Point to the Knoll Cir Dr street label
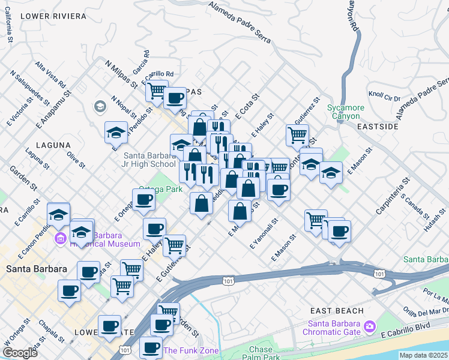coord(384,96)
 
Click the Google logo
coord(20,353)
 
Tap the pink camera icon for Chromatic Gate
coord(370,326)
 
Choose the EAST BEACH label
coord(337,311)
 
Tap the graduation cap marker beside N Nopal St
coord(116,132)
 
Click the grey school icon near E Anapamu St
coord(99,106)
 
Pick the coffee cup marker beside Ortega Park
coord(143,200)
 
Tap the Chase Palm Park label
coord(260,353)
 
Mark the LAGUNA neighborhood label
coord(53,145)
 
